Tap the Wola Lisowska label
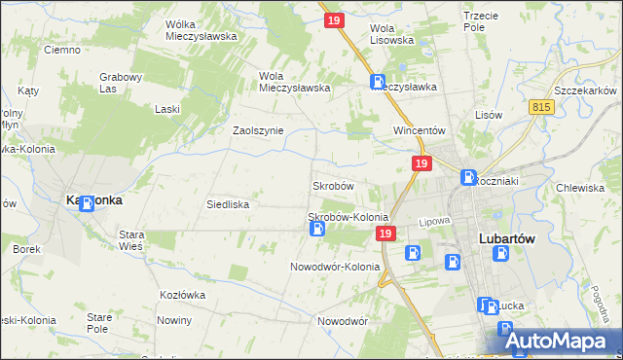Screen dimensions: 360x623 pyautogui.click(x=392, y=34)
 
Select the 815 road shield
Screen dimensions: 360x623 pyautogui.click(x=542, y=106)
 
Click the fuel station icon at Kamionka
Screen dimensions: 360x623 pyautogui.click(x=86, y=203)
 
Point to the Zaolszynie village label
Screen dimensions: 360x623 pyautogui.click(x=257, y=130)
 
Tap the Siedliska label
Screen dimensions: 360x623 pyautogui.click(x=229, y=205)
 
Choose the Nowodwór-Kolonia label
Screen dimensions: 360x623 pyautogui.click(x=335, y=267)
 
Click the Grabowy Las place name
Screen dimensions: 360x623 pyautogui.click(x=122, y=83)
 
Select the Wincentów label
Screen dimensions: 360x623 pyautogui.click(x=419, y=130)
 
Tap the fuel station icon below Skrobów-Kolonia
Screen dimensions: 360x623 pyautogui.click(x=316, y=230)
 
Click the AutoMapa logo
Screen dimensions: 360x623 pyautogui.click(x=564, y=342)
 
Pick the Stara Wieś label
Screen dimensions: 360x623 pyautogui.click(x=131, y=240)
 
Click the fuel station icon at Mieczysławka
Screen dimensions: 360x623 pyautogui.click(x=377, y=84)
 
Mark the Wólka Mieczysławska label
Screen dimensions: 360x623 pyautogui.click(x=202, y=30)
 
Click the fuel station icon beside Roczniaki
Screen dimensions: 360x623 pyautogui.click(x=467, y=179)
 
